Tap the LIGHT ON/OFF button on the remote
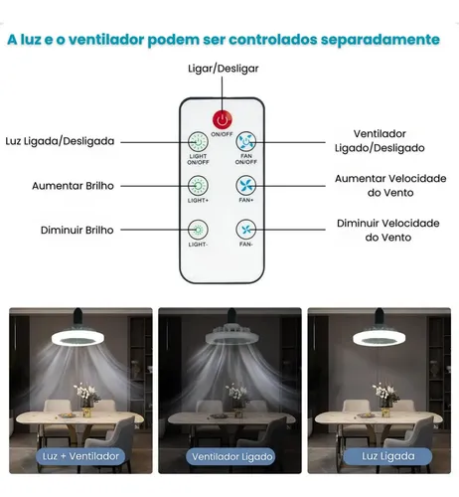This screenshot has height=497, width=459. tap(198, 142)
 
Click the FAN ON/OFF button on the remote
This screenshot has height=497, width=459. tap(245, 142)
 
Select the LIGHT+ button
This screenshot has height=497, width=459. tap(198, 186)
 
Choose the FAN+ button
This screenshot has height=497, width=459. tap(245, 186)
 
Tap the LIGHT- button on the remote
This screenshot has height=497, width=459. tap(198, 230)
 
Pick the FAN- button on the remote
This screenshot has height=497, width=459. tap(245, 230)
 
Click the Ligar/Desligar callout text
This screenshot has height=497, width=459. tap(223, 69)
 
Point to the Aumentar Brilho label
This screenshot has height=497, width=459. tap(73, 186)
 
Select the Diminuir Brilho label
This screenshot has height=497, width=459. tap(76, 230)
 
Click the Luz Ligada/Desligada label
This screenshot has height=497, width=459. tap(60, 141)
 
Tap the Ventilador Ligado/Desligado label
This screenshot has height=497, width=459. tap(380, 141)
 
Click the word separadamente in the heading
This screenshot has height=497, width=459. tap(380, 40)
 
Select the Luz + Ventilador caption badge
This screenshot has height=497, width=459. tap(80, 456)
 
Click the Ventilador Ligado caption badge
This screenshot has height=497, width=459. tap(230, 457)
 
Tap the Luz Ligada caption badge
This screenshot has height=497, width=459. tap(387, 456)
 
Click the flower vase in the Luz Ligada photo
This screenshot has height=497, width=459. tap(385, 400)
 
